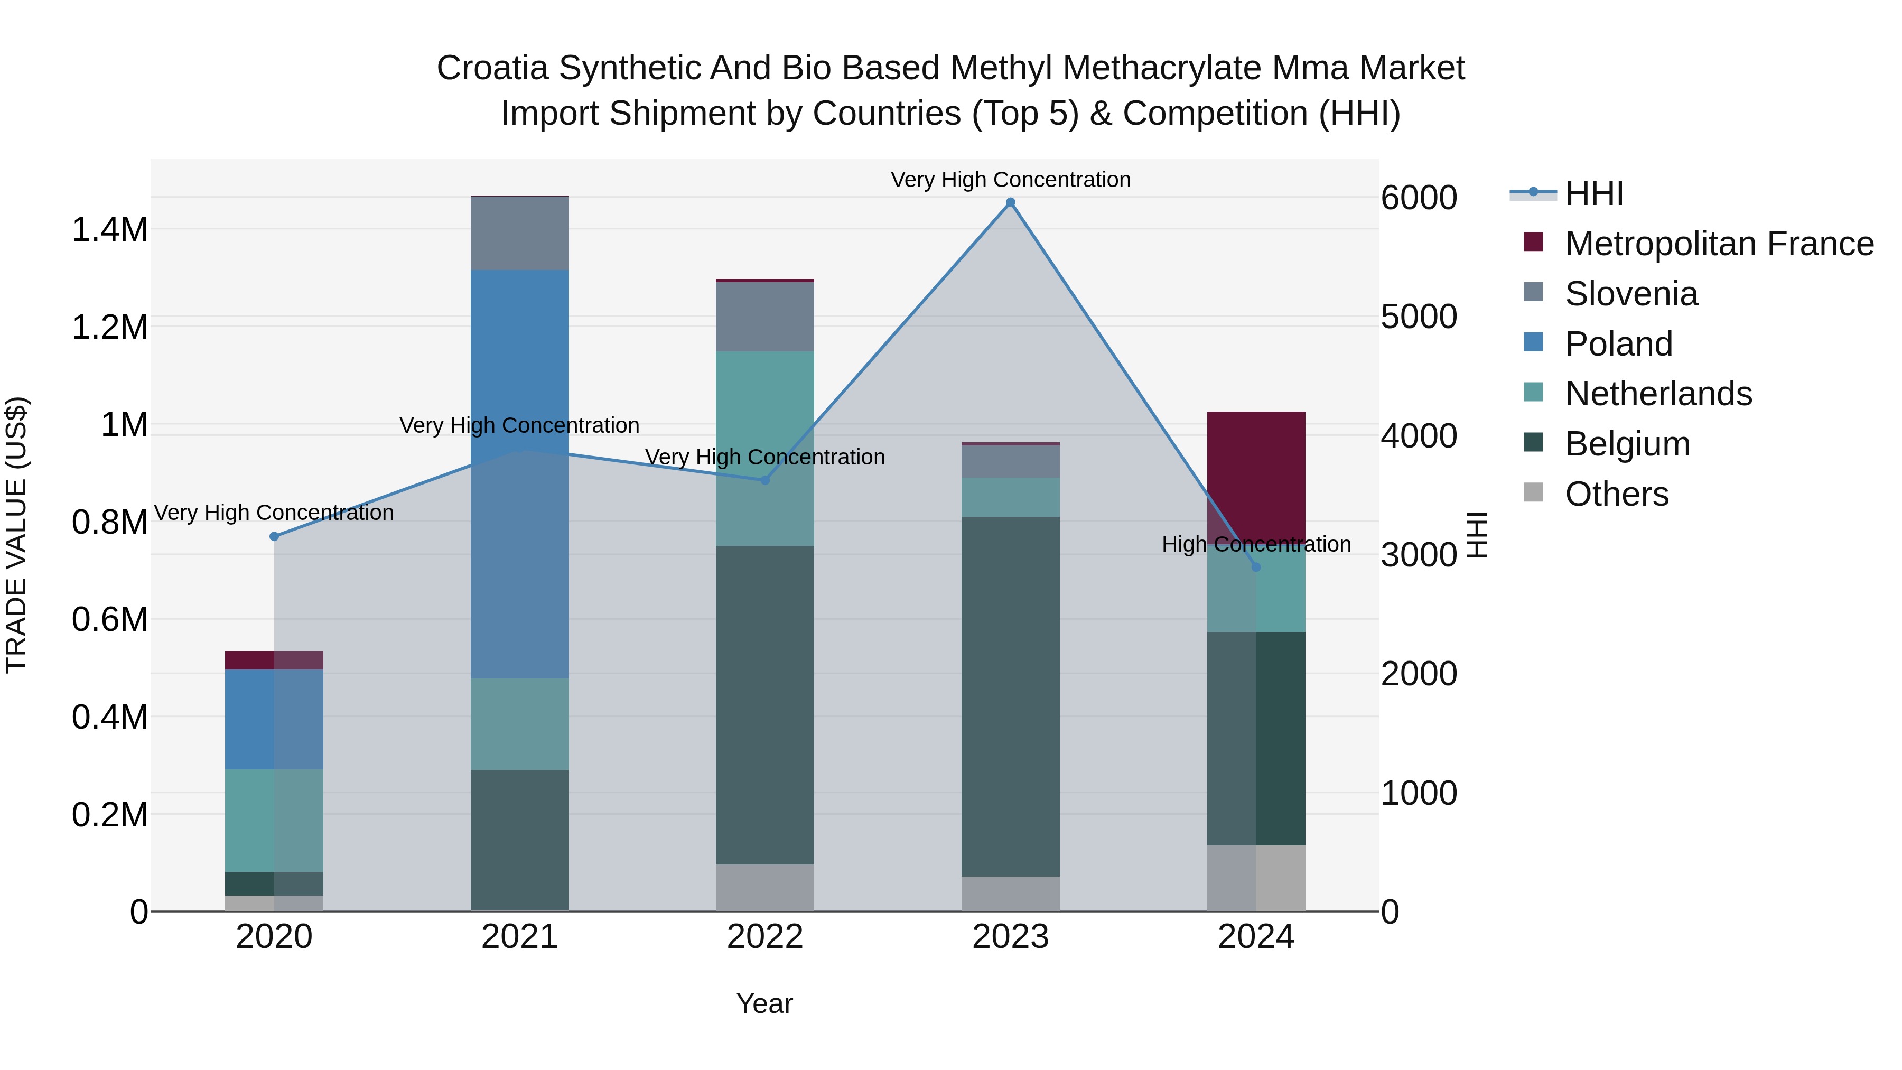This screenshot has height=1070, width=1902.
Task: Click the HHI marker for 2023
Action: pyautogui.click(x=1010, y=202)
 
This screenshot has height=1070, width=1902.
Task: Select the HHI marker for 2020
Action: pyautogui.click(x=274, y=536)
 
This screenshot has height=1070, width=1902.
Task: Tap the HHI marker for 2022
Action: pyautogui.click(x=765, y=480)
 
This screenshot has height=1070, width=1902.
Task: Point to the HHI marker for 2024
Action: pyautogui.click(x=1256, y=566)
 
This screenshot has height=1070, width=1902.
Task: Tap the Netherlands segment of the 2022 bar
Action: pyautogui.click(x=765, y=448)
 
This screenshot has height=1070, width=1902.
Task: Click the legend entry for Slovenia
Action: pyautogui.click(x=1631, y=294)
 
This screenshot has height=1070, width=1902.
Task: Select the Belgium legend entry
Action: pyautogui.click(x=1627, y=444)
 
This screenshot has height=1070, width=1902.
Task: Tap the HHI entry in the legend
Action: pyautogui.click(x=1593, y=193)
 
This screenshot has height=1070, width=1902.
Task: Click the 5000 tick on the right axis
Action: pyautogui.click(x=1419, y=317)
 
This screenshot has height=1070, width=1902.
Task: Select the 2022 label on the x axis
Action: pyautogui.click(x=765, y=937)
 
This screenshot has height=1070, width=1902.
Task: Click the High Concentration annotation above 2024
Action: pyautogui.click(x=1256, y=544)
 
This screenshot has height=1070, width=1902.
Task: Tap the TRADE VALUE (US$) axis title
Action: pyautogui.click(x=16, y=535)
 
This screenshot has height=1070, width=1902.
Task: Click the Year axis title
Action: pyautogui.click(x=764, y=1003)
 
